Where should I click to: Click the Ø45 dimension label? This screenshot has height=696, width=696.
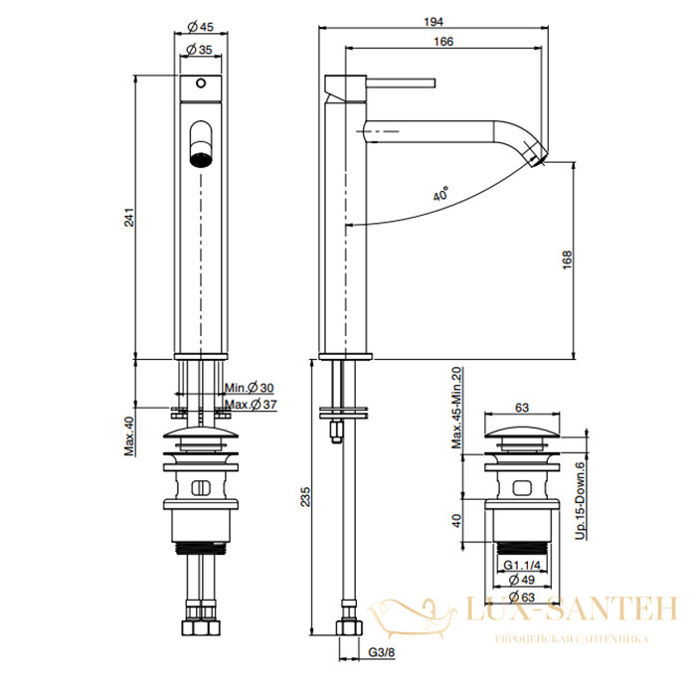(x=200, y=27)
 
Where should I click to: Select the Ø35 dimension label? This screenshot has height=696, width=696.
(x=199, y=50)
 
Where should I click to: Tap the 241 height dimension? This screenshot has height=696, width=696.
(x=128, y=217)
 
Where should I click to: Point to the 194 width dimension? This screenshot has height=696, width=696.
(x=434, y=21)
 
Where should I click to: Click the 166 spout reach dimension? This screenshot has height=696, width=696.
(x=443, y=42)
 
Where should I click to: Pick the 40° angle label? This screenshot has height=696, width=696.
(x=440, y=194)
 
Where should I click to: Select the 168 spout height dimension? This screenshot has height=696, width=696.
(x=567, y=261)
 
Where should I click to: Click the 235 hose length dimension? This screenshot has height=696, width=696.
(x=305, y=497)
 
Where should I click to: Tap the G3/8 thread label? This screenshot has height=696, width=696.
(x=381, y=652)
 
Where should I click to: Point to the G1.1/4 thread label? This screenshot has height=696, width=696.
(x=522, y=565)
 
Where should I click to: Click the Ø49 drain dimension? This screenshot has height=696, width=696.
(x=522, y=580)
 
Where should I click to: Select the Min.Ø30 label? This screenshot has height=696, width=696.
(x=249, y=388)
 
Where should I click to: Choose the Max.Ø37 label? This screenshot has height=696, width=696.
(x=251, y=405)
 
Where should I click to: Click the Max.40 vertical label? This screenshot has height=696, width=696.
(x=129, y=435)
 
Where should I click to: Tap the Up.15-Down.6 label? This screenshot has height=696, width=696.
(x=580, y=500)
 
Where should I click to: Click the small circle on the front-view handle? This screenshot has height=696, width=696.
(x=201, y=83)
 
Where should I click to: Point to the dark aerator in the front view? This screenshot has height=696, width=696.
(x=201, y=159)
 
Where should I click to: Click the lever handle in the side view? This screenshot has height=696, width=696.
(x=401, y=83)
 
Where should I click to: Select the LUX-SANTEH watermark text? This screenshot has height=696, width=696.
(x=572, y=609)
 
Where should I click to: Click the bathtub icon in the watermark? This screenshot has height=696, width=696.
(x=412, y=618)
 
